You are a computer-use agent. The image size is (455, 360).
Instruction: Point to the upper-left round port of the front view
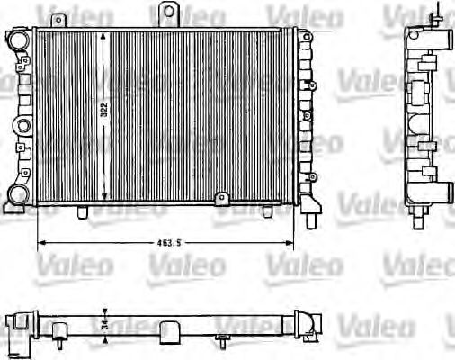(x=17, y=40)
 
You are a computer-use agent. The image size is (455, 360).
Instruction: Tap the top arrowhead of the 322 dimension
(x=106, y=34)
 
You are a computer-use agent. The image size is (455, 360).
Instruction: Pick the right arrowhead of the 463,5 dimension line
(x=291, y=243)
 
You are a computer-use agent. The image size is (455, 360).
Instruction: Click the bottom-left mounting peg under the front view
(x=83, y=213)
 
